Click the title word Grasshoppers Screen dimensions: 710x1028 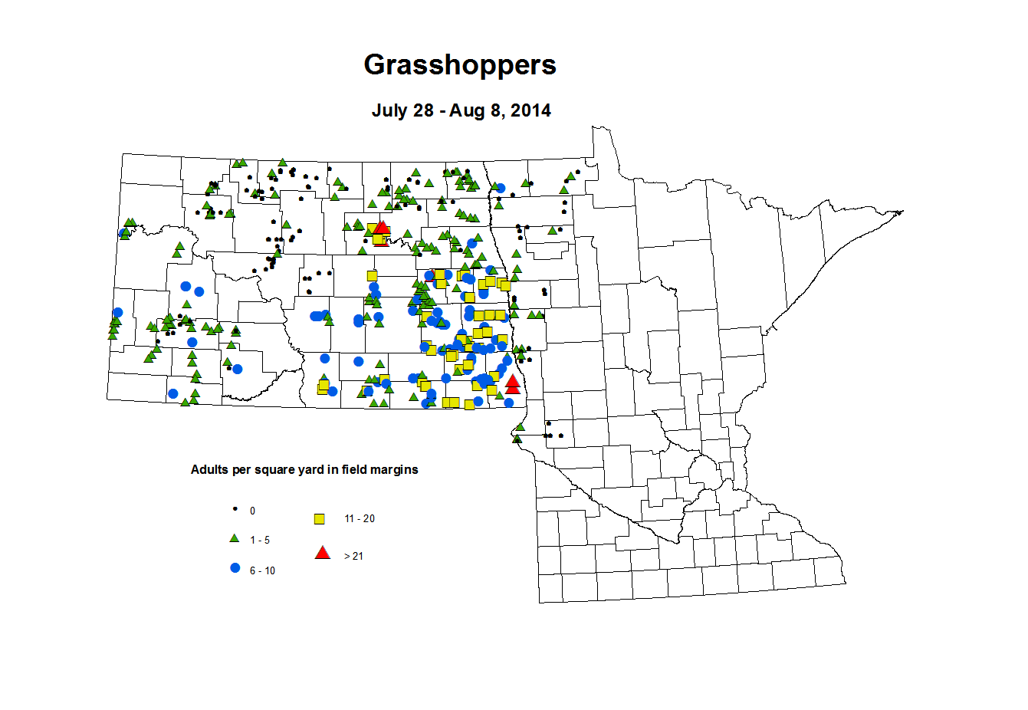[460, 65]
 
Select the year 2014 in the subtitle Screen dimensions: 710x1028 [531, 110]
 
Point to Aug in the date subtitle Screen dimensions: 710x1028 [464, 110]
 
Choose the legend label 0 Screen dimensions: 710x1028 [252, 511]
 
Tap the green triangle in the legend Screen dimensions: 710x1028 [235, 538]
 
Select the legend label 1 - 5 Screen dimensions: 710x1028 [260, 541]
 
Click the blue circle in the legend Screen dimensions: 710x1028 [235, 568]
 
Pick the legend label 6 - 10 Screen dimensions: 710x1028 [262, 571]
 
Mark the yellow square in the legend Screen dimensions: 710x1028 [320, 519]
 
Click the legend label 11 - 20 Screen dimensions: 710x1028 [360, 519]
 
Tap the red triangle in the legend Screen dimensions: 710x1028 [323, 552]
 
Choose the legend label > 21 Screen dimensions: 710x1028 [353, 557]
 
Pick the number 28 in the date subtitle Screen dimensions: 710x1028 [424, 110]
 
